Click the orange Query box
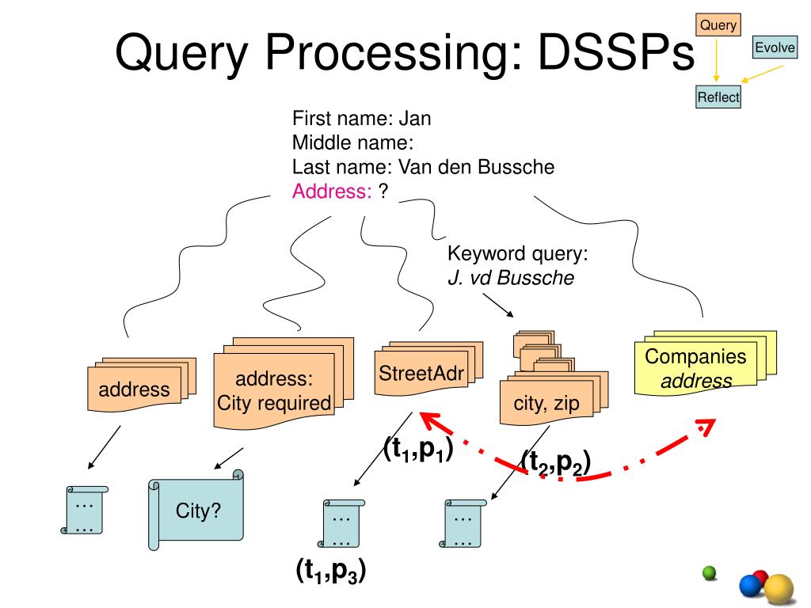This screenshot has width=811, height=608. click(718, 25)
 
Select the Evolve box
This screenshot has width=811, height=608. click(775, 47)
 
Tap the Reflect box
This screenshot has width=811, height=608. click(718, 97)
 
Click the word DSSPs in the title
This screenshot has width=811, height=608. click(616, 52)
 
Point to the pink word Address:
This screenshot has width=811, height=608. click(332, 192)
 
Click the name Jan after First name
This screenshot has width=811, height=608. click(415, 119)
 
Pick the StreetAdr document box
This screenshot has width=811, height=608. click(428, 368)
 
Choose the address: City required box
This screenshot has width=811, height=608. click(284, 383)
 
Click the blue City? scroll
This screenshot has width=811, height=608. click(196, 510)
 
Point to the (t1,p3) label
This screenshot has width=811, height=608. click(331, 571)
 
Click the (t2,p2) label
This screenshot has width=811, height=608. click(555, 462)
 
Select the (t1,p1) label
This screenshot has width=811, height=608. click(418, 449)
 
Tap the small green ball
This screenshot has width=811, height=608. click(710, 573)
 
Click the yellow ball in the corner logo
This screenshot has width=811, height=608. click(779, 589)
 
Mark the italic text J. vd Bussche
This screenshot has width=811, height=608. click(511, 278)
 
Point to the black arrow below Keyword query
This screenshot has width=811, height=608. click(498, 305)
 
